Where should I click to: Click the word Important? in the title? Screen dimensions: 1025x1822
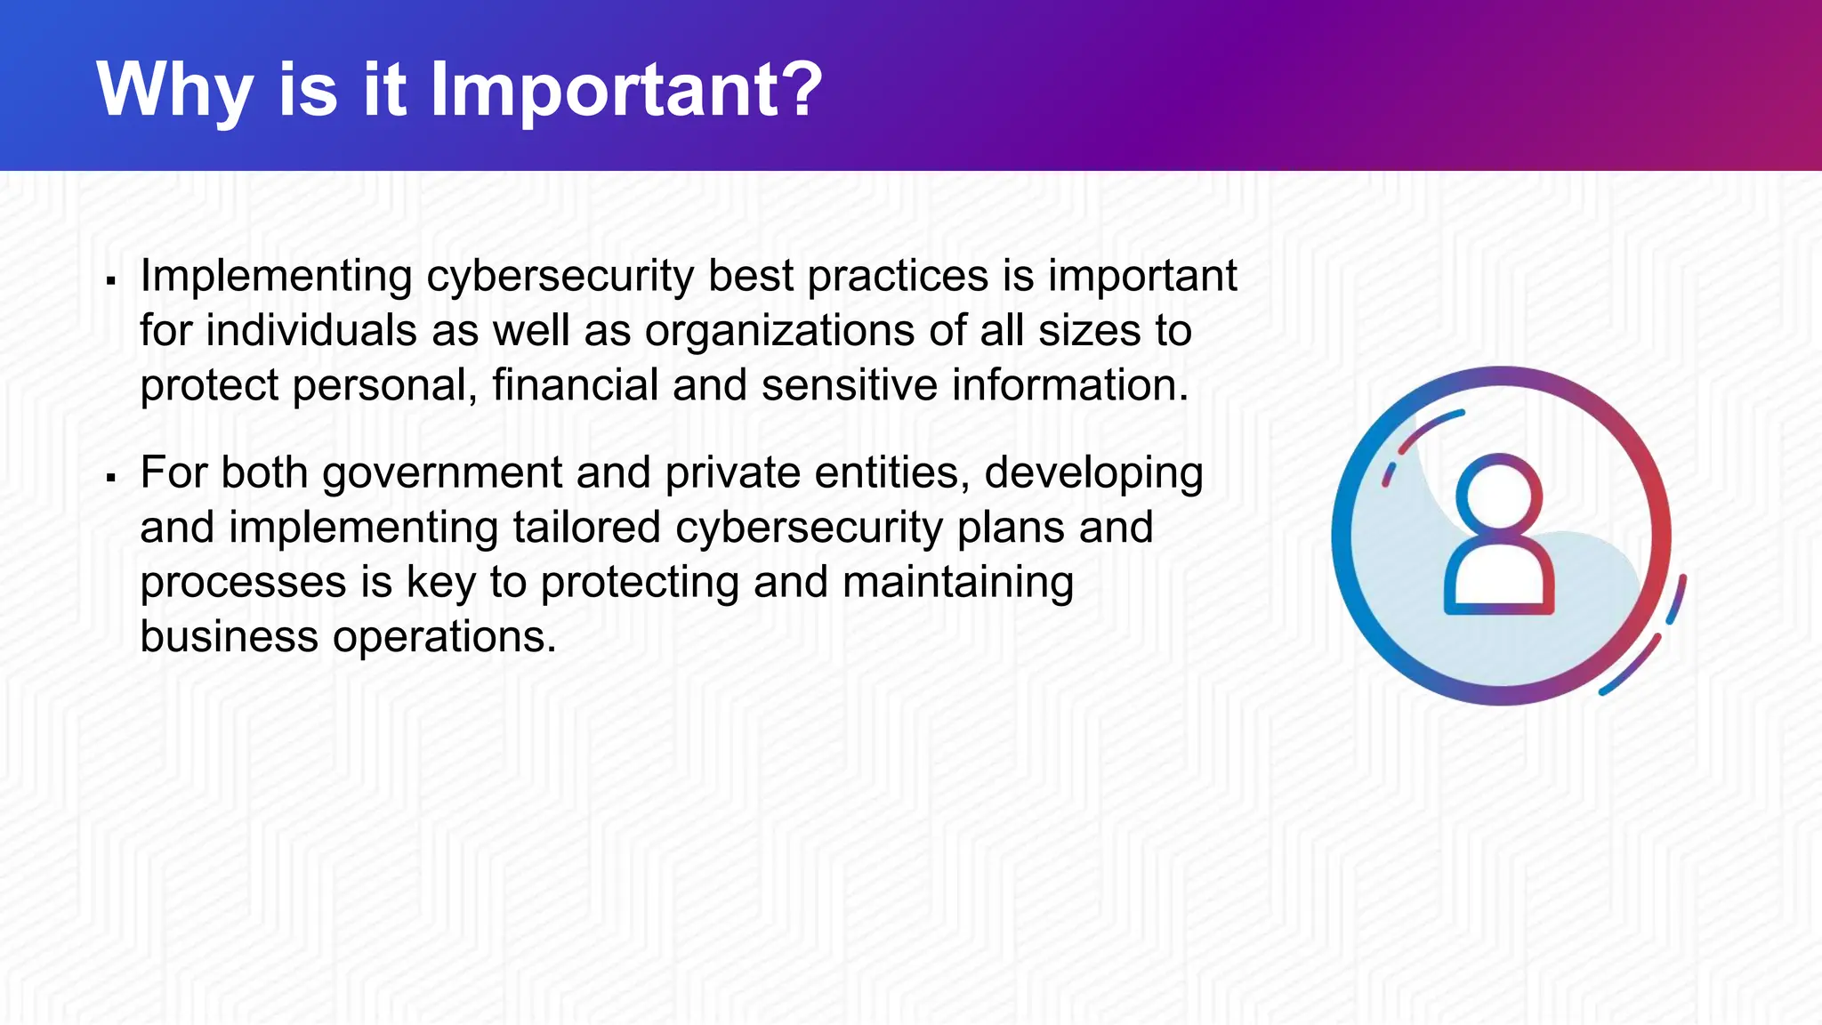(x=626, y=89)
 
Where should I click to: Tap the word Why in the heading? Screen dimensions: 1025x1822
(x=174, y=89)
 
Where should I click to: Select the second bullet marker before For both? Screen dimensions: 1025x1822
(x=111, y=479)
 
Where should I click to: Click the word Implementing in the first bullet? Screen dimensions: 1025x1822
(x=276, y=276)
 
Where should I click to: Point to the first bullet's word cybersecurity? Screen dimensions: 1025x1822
(x=560, y=276)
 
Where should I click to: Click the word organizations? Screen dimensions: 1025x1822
(x=780, y=331)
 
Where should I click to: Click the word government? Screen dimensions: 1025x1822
(x=442, y=472)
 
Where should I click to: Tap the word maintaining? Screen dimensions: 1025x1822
(x=958, y=582)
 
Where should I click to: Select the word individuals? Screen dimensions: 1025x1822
(x=311, y=331)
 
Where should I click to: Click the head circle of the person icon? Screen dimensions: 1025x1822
(x=1499, y=494)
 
